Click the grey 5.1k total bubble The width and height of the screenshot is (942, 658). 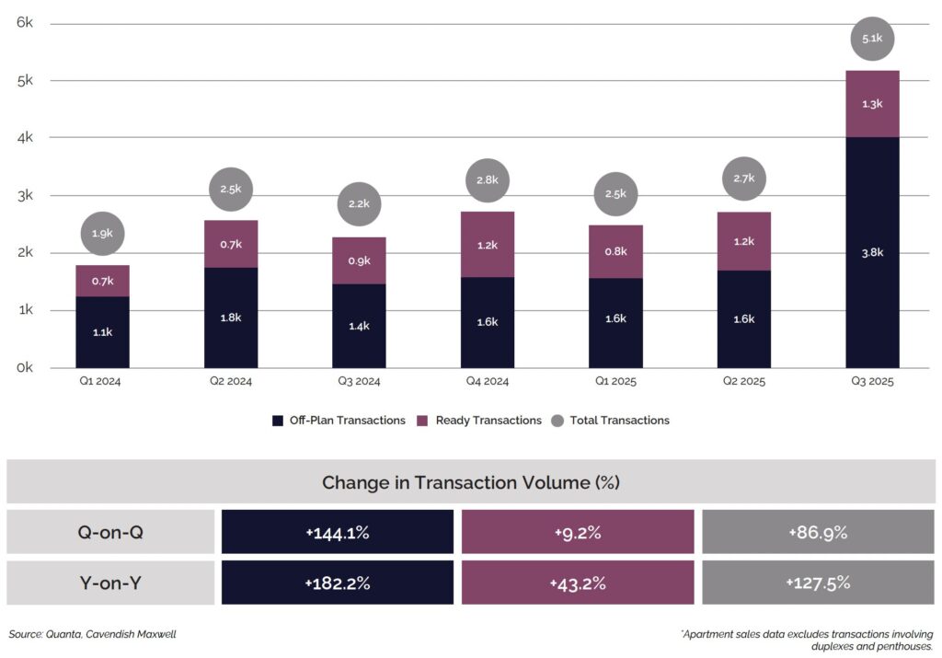pos(872,39)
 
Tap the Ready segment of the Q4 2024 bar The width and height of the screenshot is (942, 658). pos(488,245)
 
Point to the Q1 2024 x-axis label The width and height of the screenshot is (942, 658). pos(101,381)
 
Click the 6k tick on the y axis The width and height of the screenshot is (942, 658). pos(25,23)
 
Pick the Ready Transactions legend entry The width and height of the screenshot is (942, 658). pos(479,421)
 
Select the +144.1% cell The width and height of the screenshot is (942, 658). pos(337,532)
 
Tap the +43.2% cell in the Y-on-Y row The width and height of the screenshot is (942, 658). pos(577,583)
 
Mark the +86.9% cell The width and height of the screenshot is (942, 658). pos(818,532)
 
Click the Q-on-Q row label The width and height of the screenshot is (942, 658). pos(110,532)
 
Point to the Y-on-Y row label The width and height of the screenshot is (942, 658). pos(110,583)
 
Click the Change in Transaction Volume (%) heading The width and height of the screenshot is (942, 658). pos(471,482)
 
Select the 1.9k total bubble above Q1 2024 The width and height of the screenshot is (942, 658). pos(102,234)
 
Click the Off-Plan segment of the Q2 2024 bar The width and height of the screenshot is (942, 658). pos(231,317)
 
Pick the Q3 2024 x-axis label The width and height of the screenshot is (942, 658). pos(359,381)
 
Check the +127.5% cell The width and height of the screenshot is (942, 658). pos(818,583)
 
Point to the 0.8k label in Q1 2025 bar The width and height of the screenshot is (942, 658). pos(615,251)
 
